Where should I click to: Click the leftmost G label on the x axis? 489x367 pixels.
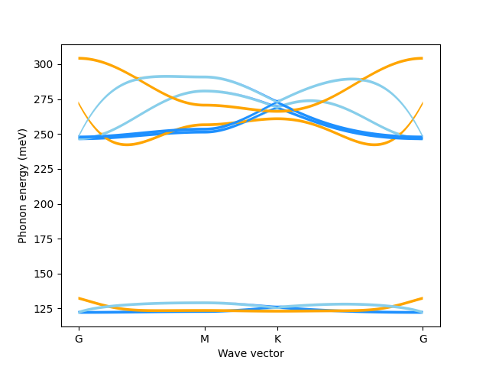79,339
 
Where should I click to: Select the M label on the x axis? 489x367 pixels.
204,339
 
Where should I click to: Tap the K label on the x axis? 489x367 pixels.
277,339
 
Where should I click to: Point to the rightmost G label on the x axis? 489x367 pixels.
423,339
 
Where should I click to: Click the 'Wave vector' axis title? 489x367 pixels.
251,353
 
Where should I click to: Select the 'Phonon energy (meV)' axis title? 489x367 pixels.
23,186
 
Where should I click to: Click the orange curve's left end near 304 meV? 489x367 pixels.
79,58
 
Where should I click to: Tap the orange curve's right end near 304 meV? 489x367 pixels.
423,58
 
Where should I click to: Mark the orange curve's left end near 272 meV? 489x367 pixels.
79,103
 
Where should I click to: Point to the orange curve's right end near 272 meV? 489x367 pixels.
423,103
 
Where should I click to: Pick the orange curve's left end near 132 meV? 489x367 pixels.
79,298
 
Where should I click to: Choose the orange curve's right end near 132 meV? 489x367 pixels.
423,298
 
